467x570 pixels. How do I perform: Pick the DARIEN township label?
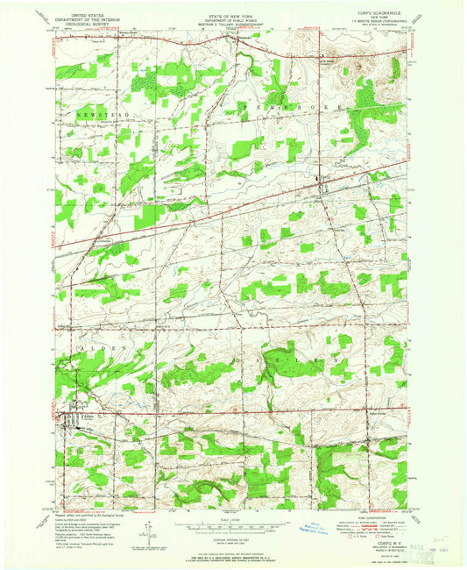pyautogui.click(x=289, y=359)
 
